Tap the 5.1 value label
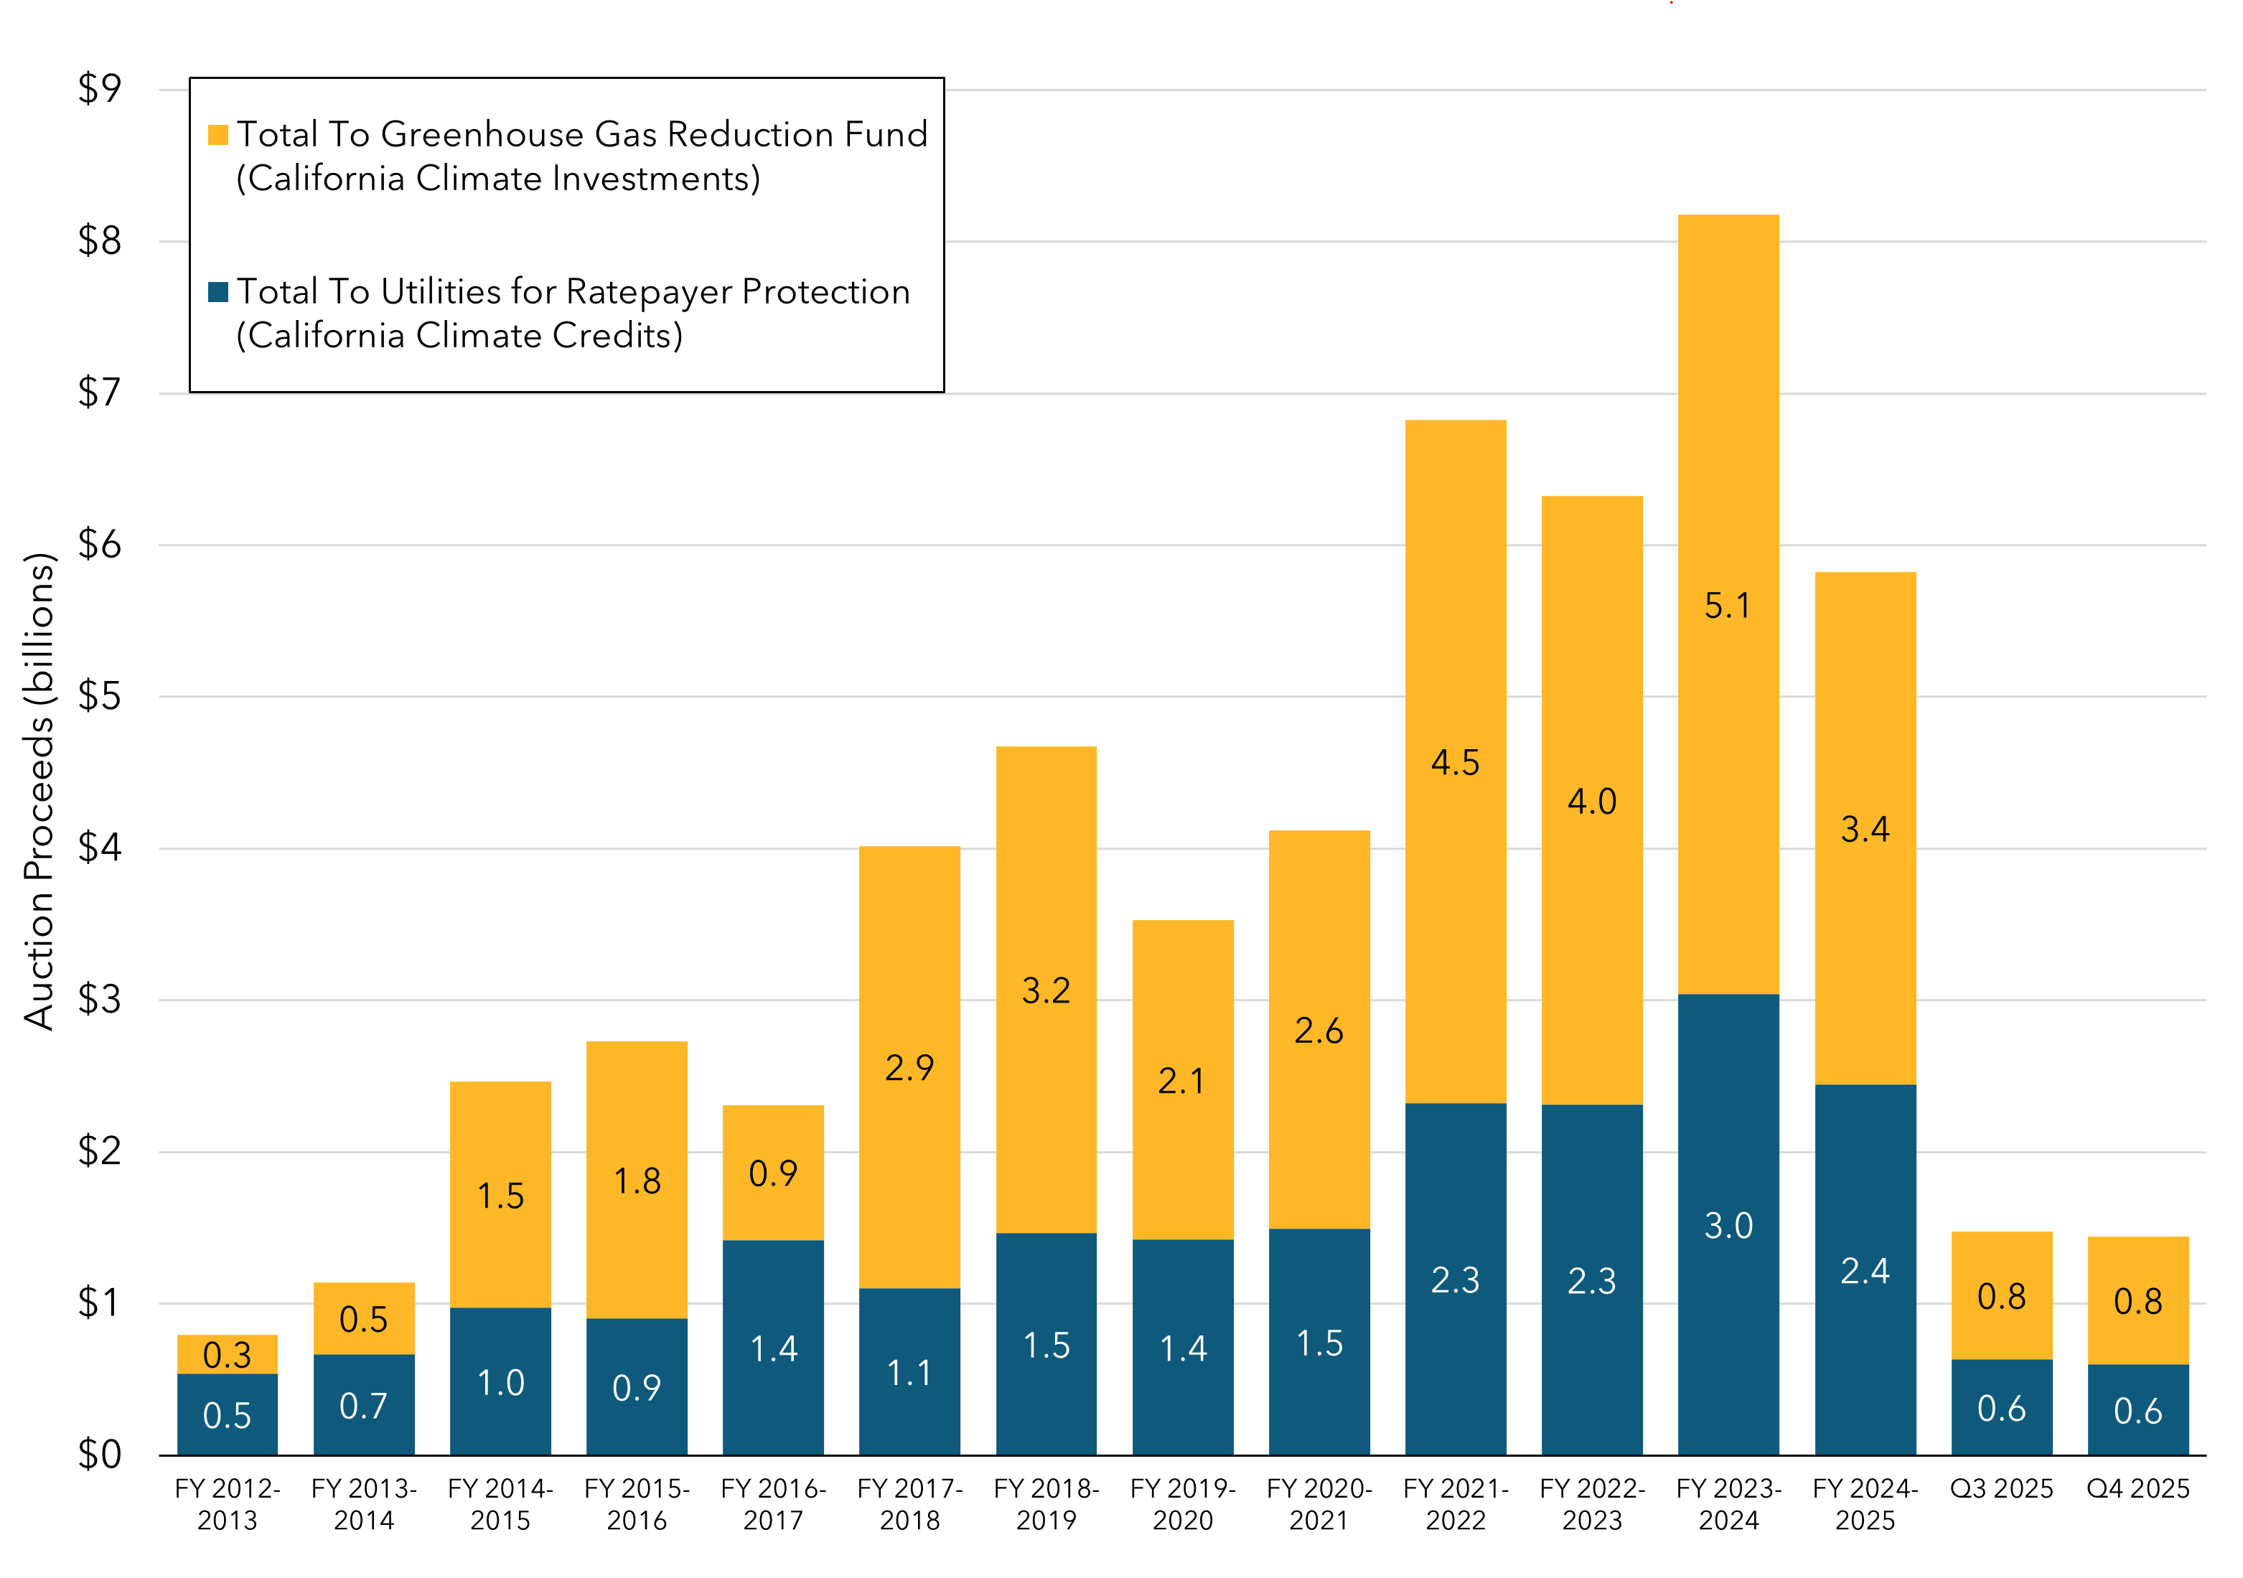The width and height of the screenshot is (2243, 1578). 1728,606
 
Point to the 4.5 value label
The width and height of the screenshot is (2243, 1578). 1456,763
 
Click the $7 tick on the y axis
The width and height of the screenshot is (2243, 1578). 100,393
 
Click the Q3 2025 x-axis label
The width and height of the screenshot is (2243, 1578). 2002,1488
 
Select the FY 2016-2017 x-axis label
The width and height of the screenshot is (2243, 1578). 773,1504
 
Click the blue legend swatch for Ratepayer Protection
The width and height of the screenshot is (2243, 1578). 218,292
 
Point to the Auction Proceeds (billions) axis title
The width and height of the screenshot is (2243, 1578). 39,791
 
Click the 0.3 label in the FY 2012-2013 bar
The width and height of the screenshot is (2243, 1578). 227,1356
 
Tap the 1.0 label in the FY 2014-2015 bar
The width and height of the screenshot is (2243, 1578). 500,1383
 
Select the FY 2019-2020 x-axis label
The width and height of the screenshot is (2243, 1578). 1182,1504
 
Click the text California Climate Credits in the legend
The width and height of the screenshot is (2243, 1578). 459,336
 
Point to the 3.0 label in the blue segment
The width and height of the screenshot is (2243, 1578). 1728,1226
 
